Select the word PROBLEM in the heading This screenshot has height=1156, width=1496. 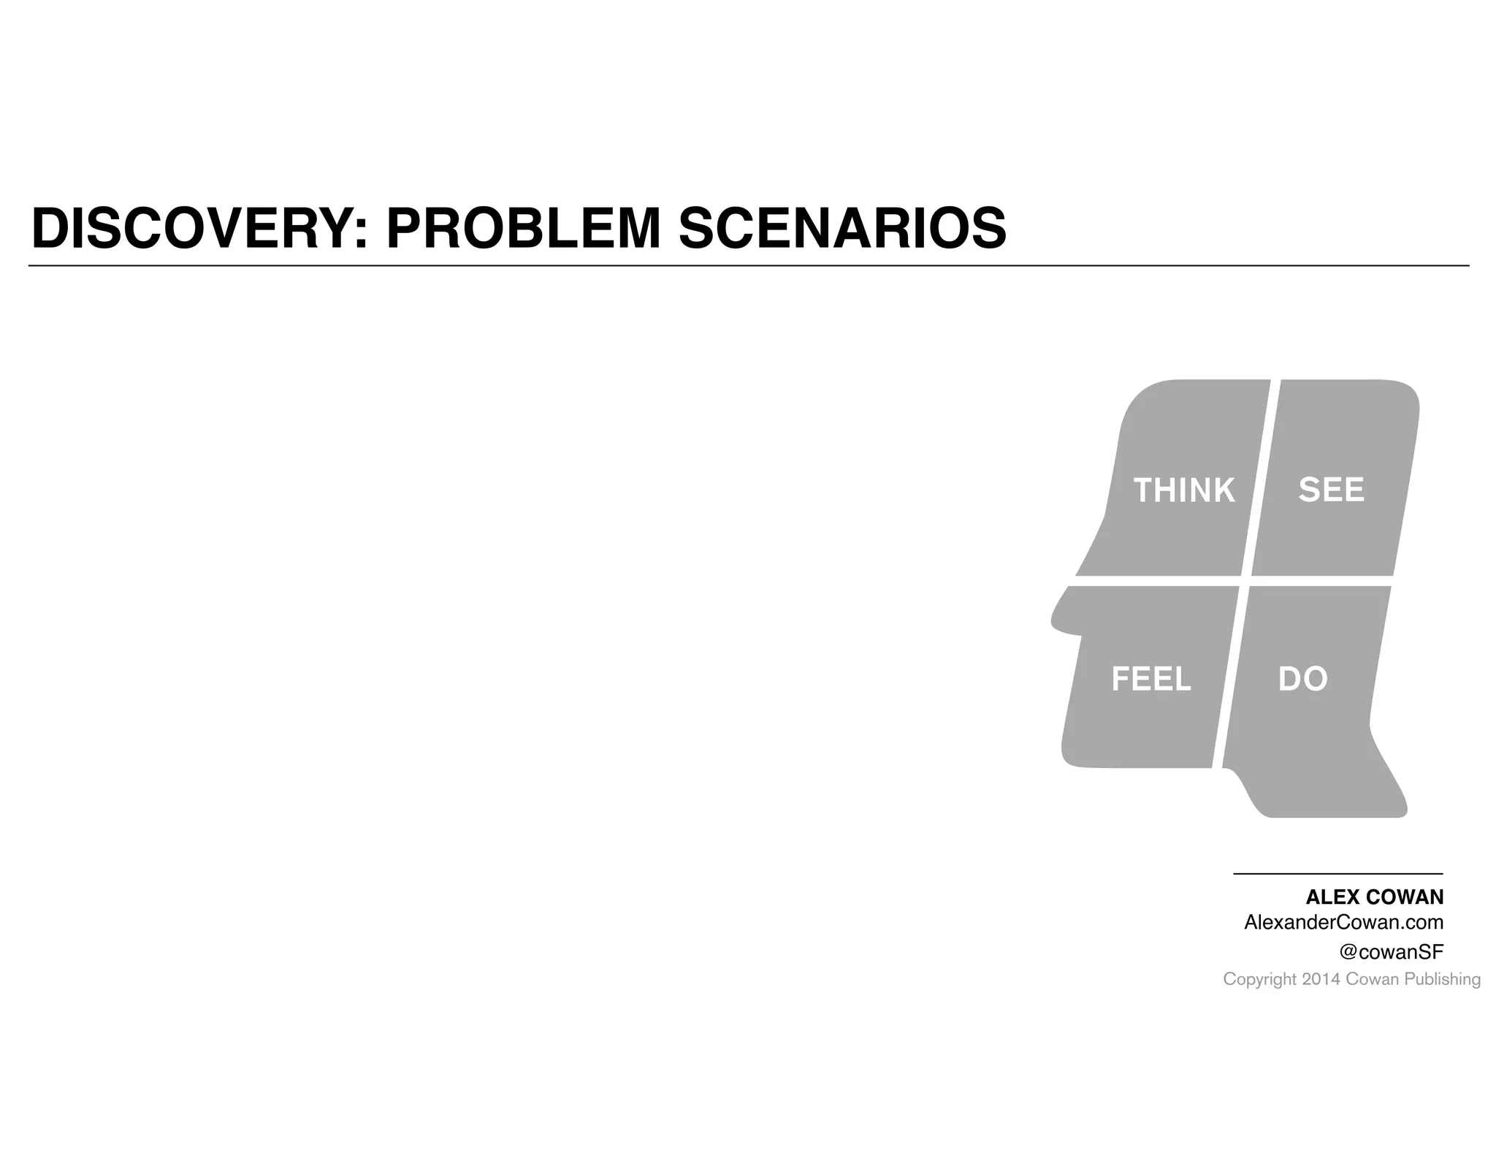tap(523, 229)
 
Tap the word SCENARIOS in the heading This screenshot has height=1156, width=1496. tap(842, 229)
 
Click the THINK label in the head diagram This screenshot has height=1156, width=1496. tap(1183, 490)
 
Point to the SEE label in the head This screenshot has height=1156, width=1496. tap(1331, 490)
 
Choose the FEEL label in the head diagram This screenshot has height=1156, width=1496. tap(1150, 680)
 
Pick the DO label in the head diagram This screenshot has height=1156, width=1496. tap(1302, 680)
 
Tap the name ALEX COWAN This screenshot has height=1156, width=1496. tap(1374, 897)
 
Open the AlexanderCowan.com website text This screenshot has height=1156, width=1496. tap(1343, 922)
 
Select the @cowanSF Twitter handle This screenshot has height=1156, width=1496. tap(1391, 951)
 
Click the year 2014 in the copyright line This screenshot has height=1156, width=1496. tap(1321, 979)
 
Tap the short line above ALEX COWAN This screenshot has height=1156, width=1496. tap(1337, 873)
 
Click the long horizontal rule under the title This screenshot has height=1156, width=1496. tap(748, 266)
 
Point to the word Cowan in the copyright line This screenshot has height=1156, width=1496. tap(1372, 979)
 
